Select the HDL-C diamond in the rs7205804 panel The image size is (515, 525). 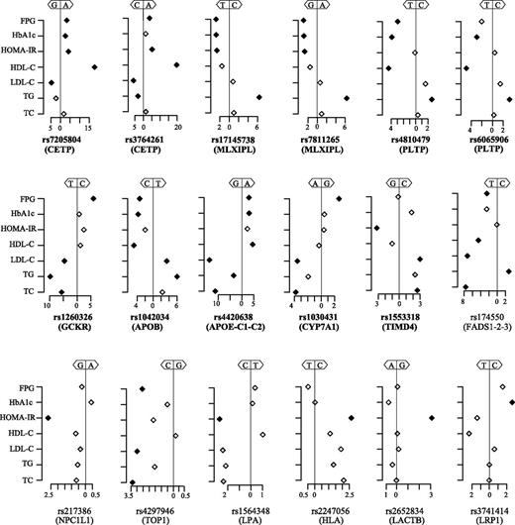coord(94,66)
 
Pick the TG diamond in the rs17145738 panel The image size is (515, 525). coord(258,97)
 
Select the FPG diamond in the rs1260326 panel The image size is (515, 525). coord(94,198)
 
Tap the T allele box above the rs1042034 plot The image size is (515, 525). coord(159,183)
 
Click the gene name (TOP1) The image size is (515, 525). coord(154,515)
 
